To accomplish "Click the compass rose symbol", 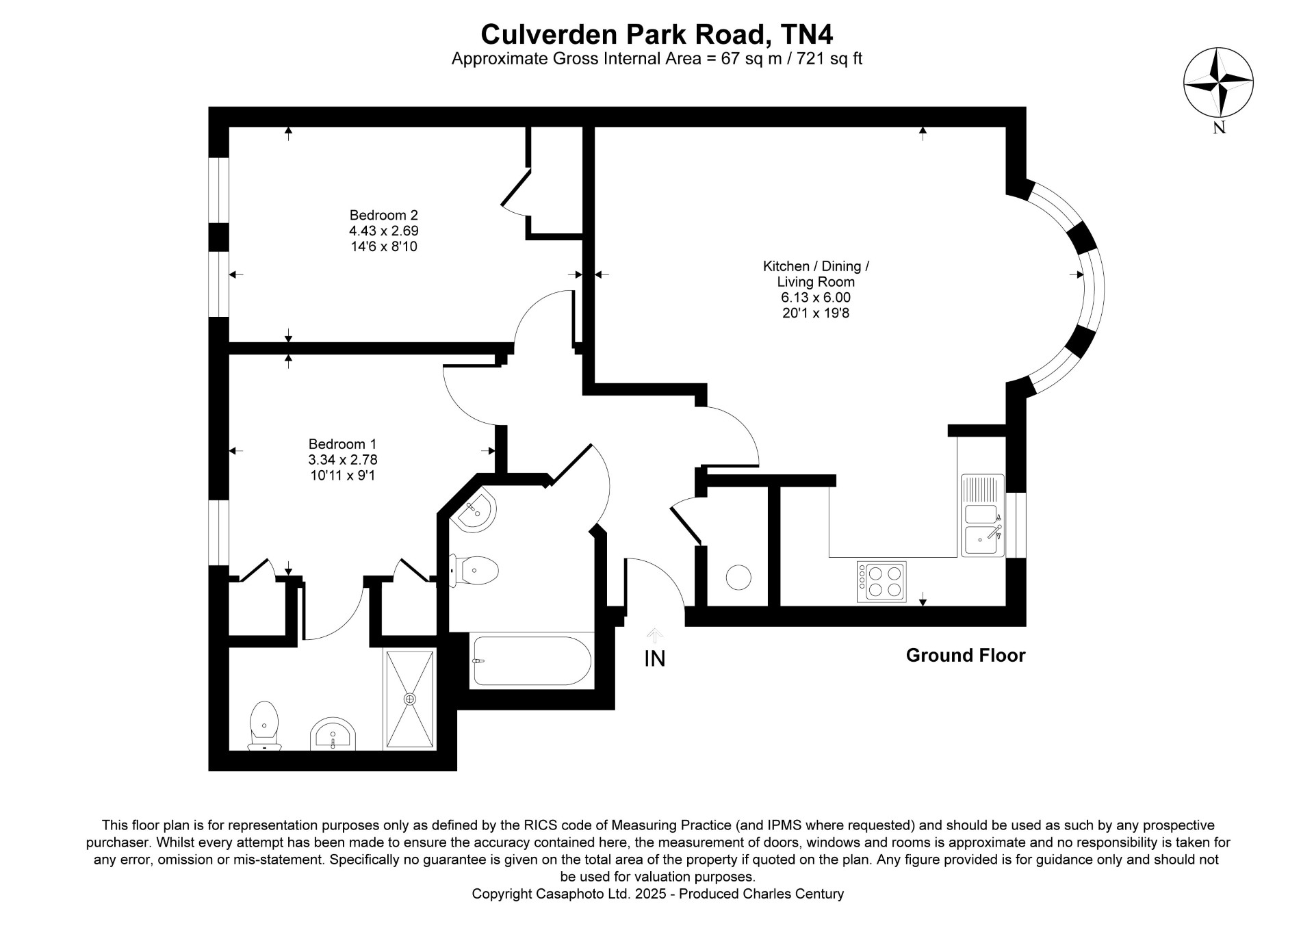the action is [x=1218, y=82].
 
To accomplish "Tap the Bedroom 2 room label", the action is [x=384, y=215].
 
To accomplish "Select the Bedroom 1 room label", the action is [x=342, y=443].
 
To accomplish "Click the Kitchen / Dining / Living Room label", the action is [x=816, y=274].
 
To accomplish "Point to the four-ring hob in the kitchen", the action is [x=881, y=581].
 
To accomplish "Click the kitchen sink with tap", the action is [x=983, y=515].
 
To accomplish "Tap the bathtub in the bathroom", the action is [x=531, y=660].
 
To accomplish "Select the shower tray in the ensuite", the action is [x=410, y=699].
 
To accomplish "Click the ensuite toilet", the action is [x=264, y=725].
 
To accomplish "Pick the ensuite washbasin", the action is [x=333, y=734].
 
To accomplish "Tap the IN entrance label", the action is [x=655, y=658].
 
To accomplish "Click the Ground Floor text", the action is [x=966, y=656].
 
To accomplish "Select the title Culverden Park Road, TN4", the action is [x=657, y=34].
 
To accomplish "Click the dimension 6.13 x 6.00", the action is [x=816, y=298].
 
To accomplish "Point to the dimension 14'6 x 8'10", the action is [x=384, y=246].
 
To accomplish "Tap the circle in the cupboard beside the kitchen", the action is [x=738, y=578].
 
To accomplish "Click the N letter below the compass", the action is [x=1219, y=128].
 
